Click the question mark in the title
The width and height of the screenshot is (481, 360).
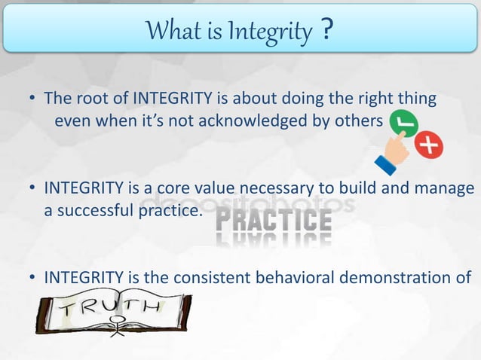[x=327, y=31]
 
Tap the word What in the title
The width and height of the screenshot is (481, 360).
[x=171, y=32]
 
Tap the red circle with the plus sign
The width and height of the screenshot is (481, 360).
[x=430, y=145]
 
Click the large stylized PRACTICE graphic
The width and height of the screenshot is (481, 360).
[x=274, y=221]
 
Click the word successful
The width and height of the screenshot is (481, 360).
[x=94, y=212]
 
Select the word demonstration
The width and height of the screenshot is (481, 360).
[x=399, y=280]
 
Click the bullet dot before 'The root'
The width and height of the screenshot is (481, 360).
[x=33, y=99]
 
